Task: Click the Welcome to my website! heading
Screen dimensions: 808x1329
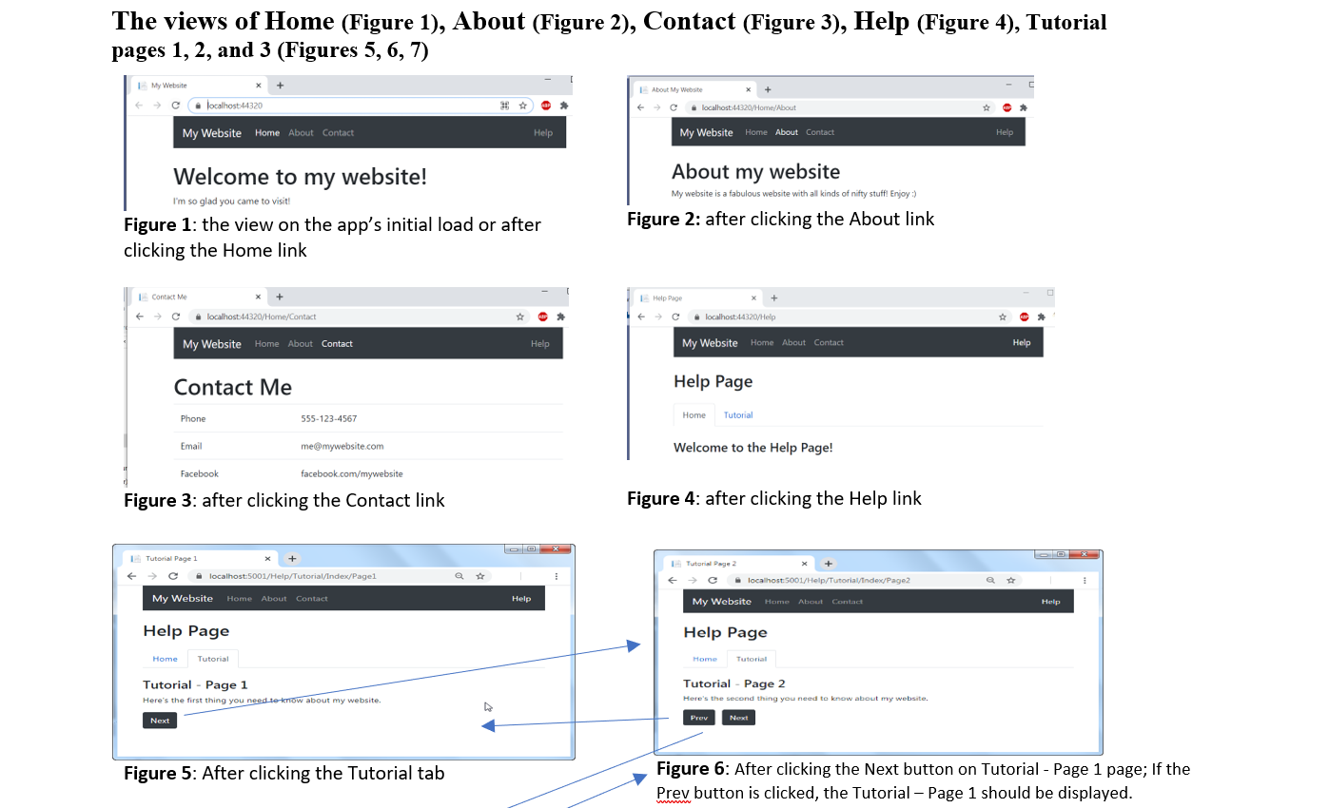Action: (300, 177)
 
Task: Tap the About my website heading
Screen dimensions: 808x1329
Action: (755, 172)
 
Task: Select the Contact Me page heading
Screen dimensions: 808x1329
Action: (232, 388)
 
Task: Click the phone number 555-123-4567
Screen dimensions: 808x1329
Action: (328, 419)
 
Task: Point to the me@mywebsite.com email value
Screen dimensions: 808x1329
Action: (342, 447)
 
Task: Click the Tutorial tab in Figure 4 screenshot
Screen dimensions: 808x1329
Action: (737, 415)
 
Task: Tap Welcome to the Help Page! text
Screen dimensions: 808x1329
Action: (752, 448)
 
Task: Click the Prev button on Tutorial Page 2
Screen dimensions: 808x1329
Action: (698, 718)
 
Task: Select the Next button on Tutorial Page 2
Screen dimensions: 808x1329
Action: (738, 718)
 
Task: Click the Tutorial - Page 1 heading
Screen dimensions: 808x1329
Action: (195, 684)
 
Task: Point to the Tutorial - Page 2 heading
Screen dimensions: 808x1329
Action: (733, 683)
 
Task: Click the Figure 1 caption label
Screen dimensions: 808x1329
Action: (157, 225)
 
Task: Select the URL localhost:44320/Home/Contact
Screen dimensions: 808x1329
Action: (262, 317)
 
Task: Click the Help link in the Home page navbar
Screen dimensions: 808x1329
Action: (542, 133)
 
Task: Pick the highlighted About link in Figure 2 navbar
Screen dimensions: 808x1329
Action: (786, 132)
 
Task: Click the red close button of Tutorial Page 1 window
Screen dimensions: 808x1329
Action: (556, 549)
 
